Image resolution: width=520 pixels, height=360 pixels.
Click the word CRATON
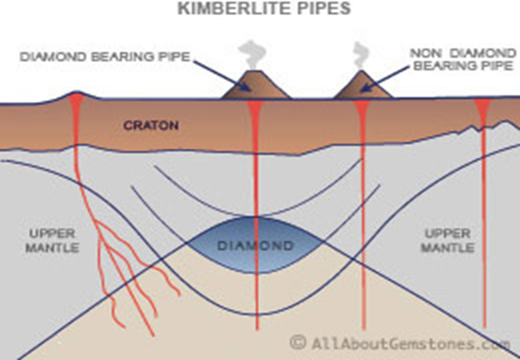(x=150, y=126)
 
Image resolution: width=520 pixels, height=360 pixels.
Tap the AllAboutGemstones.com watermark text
(x=409, y=343)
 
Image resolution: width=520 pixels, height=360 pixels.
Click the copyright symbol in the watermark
(x=298, y=343)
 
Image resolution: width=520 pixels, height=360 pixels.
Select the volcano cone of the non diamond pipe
(x=362, y=87)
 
